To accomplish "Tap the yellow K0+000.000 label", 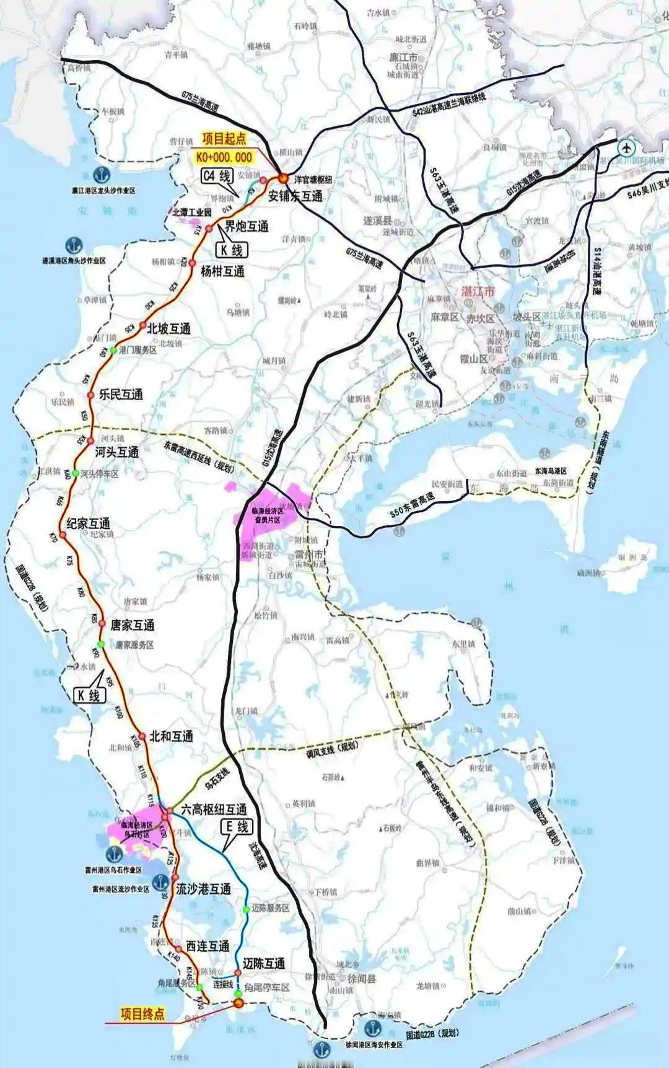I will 224,157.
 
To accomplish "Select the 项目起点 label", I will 224,140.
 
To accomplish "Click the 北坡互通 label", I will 168,328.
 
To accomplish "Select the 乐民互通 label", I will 121,394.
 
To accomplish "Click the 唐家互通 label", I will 132,625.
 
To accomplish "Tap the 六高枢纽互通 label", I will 214,810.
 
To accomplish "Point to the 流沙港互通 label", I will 204,889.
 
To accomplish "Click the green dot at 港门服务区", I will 113,351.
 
